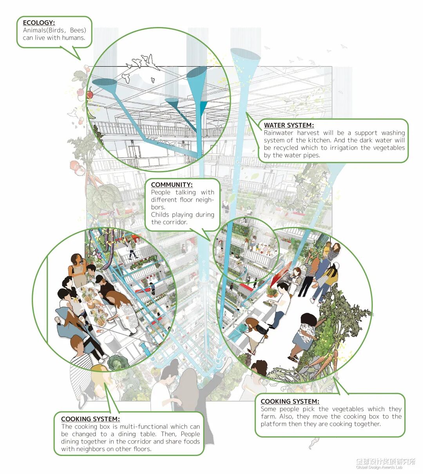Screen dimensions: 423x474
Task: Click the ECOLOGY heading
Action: pyautogui.click(x=39, y=23)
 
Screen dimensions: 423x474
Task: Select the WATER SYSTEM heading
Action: pyautogui.click(x=289, y=125)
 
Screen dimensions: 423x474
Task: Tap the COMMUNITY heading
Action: pyautogui.click(x=172, y=185)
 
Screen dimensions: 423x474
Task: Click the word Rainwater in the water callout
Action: pyautogui.click(x=278, y=133)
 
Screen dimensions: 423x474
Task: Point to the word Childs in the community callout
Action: pyautogui.click(x=160, y=214)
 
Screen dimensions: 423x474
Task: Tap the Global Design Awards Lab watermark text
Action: pyautogui.click(x=379, y=467)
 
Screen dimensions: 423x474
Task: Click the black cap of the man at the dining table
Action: pyautogui.click(x=99, y=278)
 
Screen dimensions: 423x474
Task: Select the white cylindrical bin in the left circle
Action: pyautogui.click(x=111, y=344)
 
